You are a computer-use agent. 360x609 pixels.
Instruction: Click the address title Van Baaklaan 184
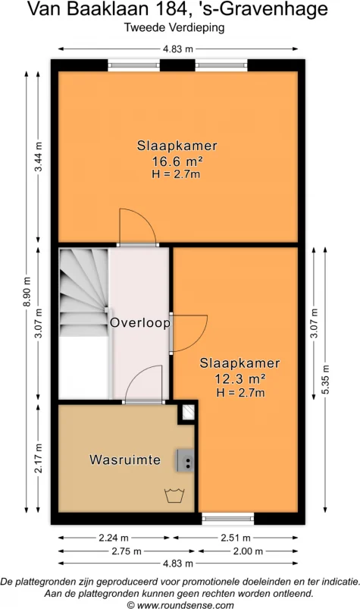click(x=179, y=10)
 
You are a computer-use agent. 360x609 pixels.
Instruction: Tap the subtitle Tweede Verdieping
click(x=179, y=27)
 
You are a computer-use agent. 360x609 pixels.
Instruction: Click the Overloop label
click(x=139, y=322)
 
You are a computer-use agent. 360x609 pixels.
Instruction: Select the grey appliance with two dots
click(x=186, y=460)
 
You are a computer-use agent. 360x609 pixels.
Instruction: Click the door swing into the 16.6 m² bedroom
click(x=136, y=226)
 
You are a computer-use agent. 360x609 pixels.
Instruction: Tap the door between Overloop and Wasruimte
click(x=144, y=384)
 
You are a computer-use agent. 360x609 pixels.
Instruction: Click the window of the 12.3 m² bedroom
click(x=224, y=520)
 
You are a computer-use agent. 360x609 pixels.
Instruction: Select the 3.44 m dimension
click(x=39, y=157)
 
